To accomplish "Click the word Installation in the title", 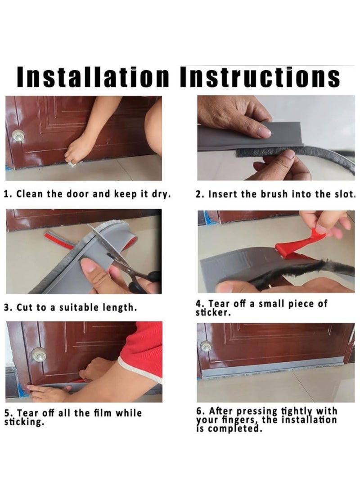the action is [93, 77].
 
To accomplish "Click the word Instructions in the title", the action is [261, 77].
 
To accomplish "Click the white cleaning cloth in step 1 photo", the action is [72, 162].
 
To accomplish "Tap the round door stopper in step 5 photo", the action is [39, 355].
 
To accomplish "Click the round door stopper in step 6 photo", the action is [205, 346].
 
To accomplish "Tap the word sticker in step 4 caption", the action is [213, 312].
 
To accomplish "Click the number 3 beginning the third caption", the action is [7, 307].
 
